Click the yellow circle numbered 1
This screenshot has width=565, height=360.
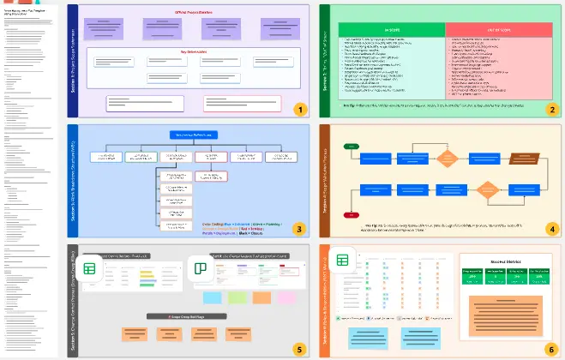click(x=298, y=109)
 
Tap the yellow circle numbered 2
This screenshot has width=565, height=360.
click(x=551, y=109)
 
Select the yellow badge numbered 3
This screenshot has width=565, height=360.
click(x=298, y=229)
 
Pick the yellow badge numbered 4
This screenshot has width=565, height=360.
click(x=551, y=229)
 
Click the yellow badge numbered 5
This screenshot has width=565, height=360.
click(x=298, y=349)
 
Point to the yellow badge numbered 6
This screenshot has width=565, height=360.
click(x=551, y=349)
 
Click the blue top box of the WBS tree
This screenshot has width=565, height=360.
click(x=191, y=135)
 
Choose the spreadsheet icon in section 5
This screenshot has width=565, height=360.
click(x=90, y=267)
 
